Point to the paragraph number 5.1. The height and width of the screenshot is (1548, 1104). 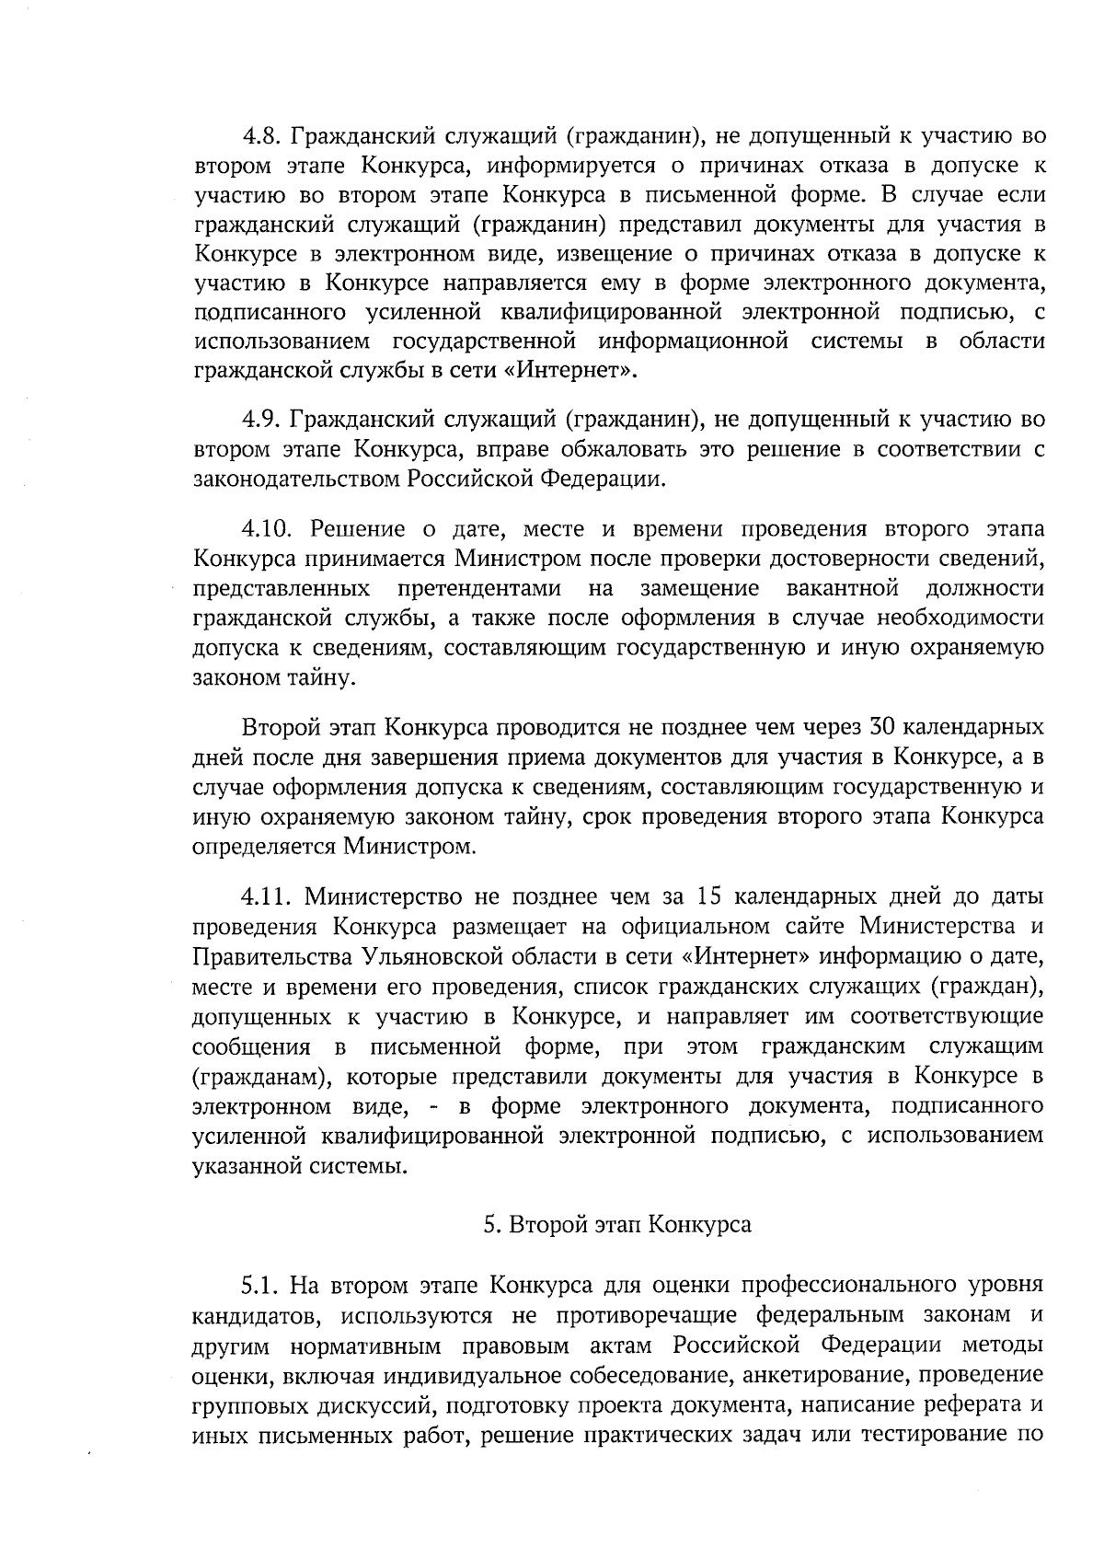(x=262, y=1284)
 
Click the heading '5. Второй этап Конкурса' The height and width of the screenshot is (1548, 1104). (x=617, y=1225)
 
